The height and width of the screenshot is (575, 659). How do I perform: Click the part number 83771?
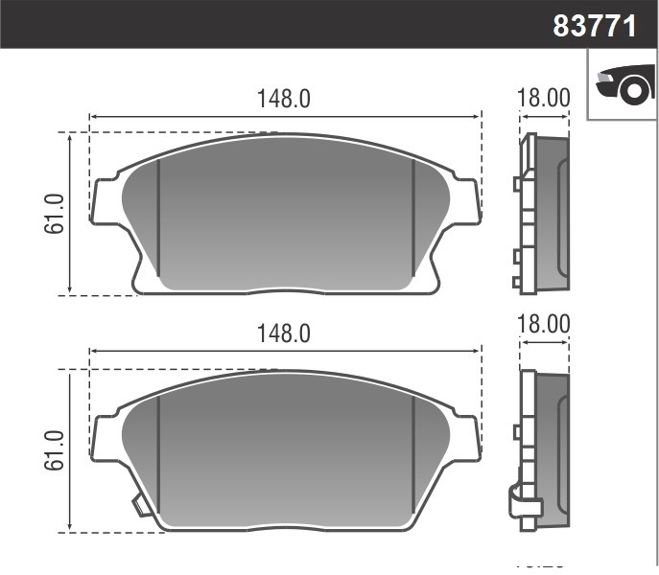coord(595,25)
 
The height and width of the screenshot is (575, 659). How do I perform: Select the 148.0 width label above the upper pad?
coord(284,99)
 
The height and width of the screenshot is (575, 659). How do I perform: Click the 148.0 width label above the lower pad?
coord(284,333)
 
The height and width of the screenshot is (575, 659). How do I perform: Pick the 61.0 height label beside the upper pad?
coord(55,213)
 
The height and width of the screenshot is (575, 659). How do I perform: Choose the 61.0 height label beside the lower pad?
coord(55,449)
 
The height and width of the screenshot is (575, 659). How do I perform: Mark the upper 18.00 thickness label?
coord(543,99)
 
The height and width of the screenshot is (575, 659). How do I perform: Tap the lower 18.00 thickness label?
coord(543,324)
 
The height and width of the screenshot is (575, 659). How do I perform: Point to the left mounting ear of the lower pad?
coord(105,437)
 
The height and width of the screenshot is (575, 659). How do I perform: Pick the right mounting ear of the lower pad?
coord(465,437)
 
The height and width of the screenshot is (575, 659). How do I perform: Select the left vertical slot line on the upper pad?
coord(158,218)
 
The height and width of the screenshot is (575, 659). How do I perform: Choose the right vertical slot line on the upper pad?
coord(412,218)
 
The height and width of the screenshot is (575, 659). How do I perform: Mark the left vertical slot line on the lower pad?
coord(158,454)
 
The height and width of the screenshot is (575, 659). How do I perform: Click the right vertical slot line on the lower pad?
coord(412,454)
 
